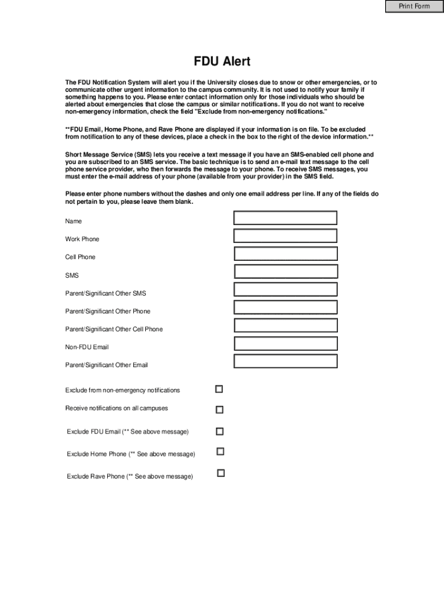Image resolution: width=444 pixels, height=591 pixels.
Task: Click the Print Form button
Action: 414,6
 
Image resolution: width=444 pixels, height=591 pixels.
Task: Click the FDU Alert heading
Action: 222,62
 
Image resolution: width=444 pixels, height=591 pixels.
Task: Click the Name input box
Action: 285,218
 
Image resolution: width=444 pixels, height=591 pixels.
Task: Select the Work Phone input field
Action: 285,235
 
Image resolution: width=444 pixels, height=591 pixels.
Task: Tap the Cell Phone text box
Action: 285,253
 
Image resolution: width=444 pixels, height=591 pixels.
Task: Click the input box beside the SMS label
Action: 285,272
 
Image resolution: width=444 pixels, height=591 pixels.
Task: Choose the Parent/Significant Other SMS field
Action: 285,290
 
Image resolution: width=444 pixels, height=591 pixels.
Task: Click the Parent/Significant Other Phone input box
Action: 285,308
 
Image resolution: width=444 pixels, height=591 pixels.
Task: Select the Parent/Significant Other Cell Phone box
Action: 285,326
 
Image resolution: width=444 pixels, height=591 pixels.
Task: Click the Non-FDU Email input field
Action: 285,343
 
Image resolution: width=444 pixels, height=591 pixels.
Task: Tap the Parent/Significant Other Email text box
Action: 285,361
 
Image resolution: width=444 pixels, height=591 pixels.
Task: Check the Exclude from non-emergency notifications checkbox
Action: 219,390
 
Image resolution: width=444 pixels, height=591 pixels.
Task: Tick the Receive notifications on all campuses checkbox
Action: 219,410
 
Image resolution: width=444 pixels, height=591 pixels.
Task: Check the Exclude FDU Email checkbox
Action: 219,431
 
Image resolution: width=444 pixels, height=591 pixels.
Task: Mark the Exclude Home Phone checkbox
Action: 220,451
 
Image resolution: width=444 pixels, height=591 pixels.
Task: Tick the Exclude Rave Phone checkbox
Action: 220,473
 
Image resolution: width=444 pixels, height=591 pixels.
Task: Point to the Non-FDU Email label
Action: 86,347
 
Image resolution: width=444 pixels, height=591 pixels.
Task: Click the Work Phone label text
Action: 82,240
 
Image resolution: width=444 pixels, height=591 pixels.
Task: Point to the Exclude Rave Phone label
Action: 130,477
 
